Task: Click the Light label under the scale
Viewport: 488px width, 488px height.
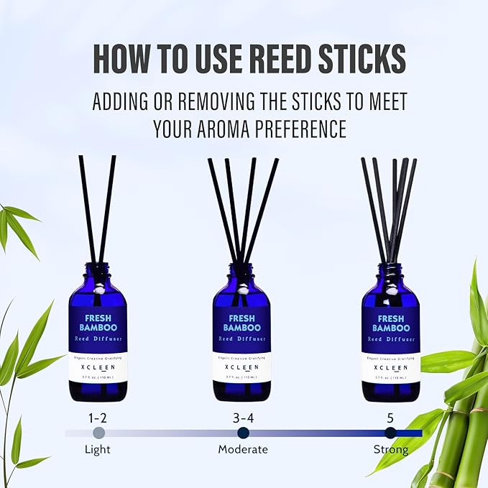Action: [98, 449]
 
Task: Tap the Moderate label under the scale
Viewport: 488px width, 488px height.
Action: [243, 449]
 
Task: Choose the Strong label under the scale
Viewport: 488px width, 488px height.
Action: [390, 449]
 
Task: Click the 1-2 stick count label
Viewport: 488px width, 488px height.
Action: [98, 417]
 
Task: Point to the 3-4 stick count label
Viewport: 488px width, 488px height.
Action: [243, 417]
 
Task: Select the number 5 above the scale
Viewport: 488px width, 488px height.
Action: [390, 417]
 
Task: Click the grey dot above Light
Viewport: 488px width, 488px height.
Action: [98, 433]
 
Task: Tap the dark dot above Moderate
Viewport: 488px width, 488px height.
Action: [243, 433]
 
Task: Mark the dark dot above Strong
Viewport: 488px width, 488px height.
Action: [390, 433]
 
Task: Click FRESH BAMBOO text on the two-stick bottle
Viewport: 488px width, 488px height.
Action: [98, 322]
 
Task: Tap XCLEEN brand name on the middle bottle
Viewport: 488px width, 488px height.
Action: [241, 367]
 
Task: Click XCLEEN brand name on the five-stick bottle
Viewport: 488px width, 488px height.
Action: [390, 367]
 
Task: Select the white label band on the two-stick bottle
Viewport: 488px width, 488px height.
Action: [98, 367]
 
